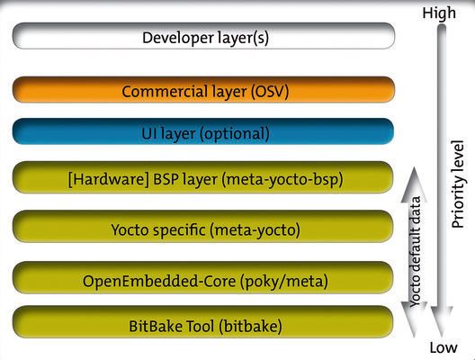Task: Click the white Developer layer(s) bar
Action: coord(203,37)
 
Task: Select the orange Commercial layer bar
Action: coord(203,91)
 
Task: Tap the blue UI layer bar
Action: coord(203,133)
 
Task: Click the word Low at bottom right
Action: coord(442,348)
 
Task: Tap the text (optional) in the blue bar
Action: coord(236,133)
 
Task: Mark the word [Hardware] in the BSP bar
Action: coord(105,180)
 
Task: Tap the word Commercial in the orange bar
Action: coord(161,91)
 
